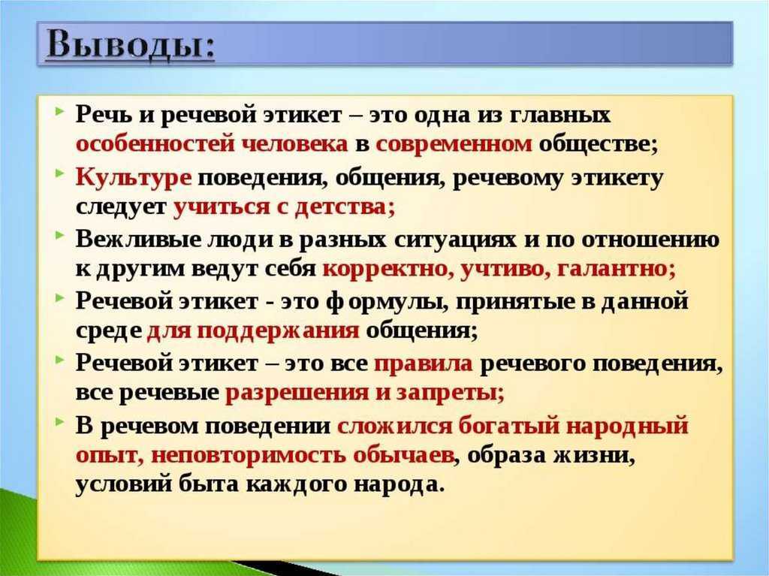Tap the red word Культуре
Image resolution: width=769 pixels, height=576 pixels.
coord(134,177)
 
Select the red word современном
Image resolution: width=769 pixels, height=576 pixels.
coord(454,143)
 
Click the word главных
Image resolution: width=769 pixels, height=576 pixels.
coord(560,116)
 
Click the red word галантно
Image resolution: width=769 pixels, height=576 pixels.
coord(614,269)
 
